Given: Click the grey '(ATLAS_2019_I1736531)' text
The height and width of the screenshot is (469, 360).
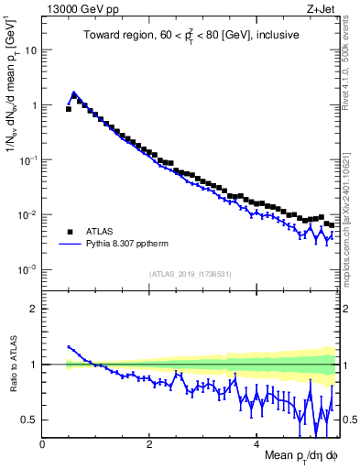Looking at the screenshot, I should [191, 274].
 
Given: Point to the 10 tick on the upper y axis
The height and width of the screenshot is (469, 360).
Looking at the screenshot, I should [31, 50].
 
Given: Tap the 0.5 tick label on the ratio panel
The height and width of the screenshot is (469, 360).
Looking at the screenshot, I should [29, 420].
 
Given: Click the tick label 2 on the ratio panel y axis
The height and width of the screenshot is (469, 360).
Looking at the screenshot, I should [34, 309].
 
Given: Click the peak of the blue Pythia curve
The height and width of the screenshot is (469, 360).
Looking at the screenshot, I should [73, 93].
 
